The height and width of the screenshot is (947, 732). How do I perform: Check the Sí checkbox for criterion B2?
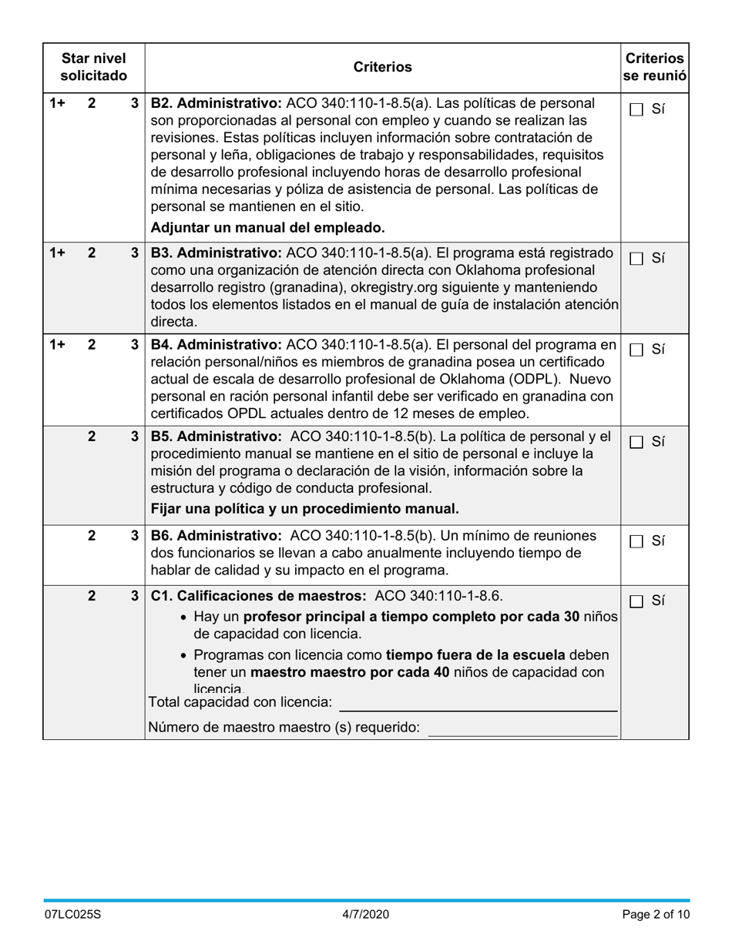[x=636, y=109]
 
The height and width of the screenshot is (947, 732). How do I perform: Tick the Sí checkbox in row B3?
[x=636, y=259]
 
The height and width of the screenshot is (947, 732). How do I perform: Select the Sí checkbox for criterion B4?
[x=636, y=350]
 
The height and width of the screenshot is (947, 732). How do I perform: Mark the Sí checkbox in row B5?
[x=636, y=442]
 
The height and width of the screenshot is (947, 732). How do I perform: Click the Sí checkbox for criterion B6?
[x=636, y=541]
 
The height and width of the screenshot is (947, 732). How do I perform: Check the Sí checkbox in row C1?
[x=636, y=601]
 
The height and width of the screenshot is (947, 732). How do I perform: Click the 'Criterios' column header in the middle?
[x=382, y=67]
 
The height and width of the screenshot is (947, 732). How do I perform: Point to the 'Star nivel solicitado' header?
[x=93, y=67]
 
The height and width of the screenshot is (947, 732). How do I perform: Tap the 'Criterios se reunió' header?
[x=654, y=67]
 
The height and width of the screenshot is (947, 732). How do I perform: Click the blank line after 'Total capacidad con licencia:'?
[x=478, y=703]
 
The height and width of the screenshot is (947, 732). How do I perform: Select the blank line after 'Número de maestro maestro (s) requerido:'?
[x=522, y=728]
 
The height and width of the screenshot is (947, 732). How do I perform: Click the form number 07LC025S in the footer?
[x=72, y=915]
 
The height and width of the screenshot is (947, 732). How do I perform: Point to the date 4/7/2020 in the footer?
[x=366, y=915]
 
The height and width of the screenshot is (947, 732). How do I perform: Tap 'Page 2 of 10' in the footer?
[x=655, y=915]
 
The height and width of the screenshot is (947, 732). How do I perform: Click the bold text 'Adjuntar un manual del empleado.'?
[x=267, y=227]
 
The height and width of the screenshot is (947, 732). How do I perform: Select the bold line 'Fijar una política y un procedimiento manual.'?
[x=304, y=508]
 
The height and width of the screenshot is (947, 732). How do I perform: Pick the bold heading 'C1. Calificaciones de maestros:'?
[x=260, y=596]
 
